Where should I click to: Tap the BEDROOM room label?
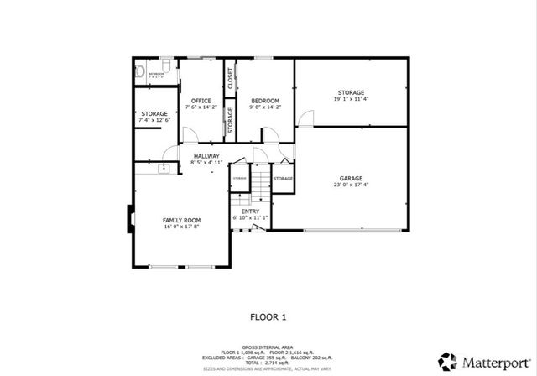click(x=265, y=100)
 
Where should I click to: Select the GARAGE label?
click(x=351, y=178)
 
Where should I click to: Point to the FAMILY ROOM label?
click(x=181, y=220)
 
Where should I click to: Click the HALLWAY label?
click(x=206, y=156)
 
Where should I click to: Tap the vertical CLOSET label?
click(x=230, y=77)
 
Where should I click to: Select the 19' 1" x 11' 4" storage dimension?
click(x=351, y=99)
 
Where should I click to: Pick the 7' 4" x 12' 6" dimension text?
click(x=154, y=120)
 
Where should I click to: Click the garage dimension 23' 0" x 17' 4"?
click(x=351, y=185)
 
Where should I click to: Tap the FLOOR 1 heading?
click(x=268, y=316)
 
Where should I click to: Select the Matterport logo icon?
click(x=450, y=361)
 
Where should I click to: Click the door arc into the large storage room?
click(x=305, y=119)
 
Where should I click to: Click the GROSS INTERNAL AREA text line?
click(x=268, y=346)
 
